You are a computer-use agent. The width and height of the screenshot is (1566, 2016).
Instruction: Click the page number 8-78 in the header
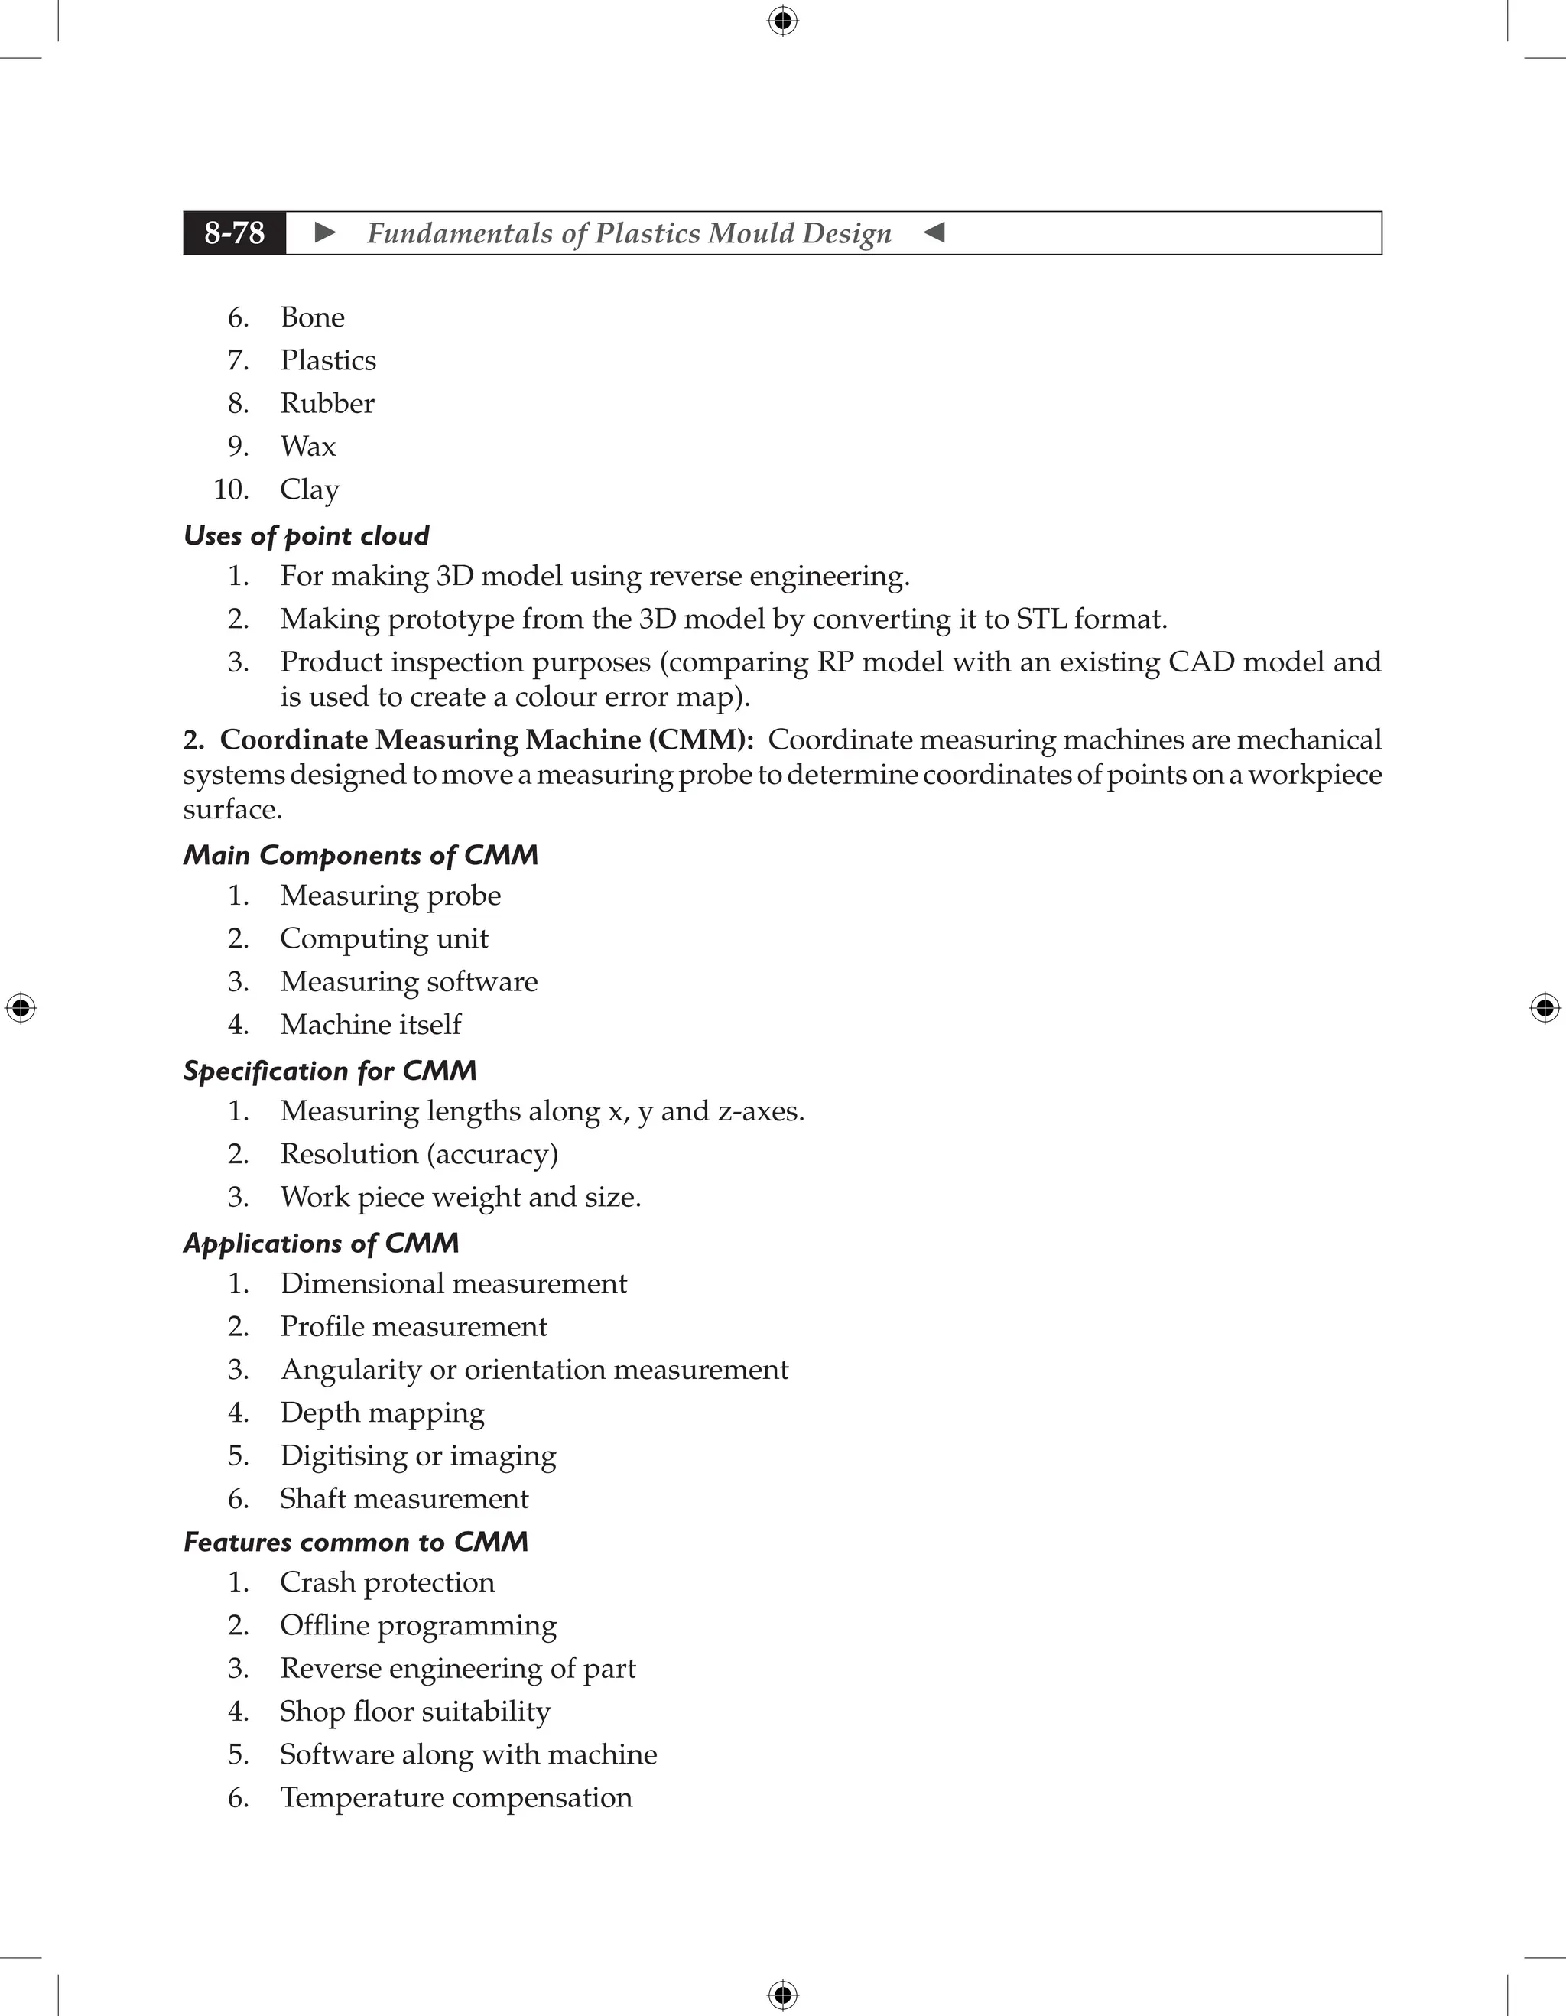[x=235, y=232]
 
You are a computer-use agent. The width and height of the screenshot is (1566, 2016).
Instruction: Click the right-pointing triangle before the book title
[x=325, y=232]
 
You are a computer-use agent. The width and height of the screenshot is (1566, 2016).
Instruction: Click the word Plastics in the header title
[x=647, y=233]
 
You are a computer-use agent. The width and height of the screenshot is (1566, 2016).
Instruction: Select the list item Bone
[x=312, y=317]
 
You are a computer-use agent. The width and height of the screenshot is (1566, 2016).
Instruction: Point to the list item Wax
[x=307, y=447]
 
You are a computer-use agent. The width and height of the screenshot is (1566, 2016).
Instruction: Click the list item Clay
[x=309, y=490]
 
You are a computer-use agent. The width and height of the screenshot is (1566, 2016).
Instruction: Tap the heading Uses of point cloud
[x=307, y=535]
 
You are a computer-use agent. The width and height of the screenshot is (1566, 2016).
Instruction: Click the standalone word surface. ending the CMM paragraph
[x=232, y=810]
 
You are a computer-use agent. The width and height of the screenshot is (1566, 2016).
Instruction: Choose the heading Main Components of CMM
[x=360, y=855]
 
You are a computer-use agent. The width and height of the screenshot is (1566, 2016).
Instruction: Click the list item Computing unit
[x=384, y=938]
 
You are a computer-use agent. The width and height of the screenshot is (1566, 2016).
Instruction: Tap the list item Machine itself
[x=370, y=1025]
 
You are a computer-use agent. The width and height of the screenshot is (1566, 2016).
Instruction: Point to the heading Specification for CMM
[x=330, y=1071]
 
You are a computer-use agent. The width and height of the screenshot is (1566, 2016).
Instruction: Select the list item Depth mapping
[x=382, y=1413]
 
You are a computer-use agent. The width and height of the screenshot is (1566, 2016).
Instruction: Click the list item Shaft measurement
[x=404, y=1499]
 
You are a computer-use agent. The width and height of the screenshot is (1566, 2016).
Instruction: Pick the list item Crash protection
[x=387, y=1582]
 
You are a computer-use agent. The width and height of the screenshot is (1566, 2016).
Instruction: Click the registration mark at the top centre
[x=782, y=21]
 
